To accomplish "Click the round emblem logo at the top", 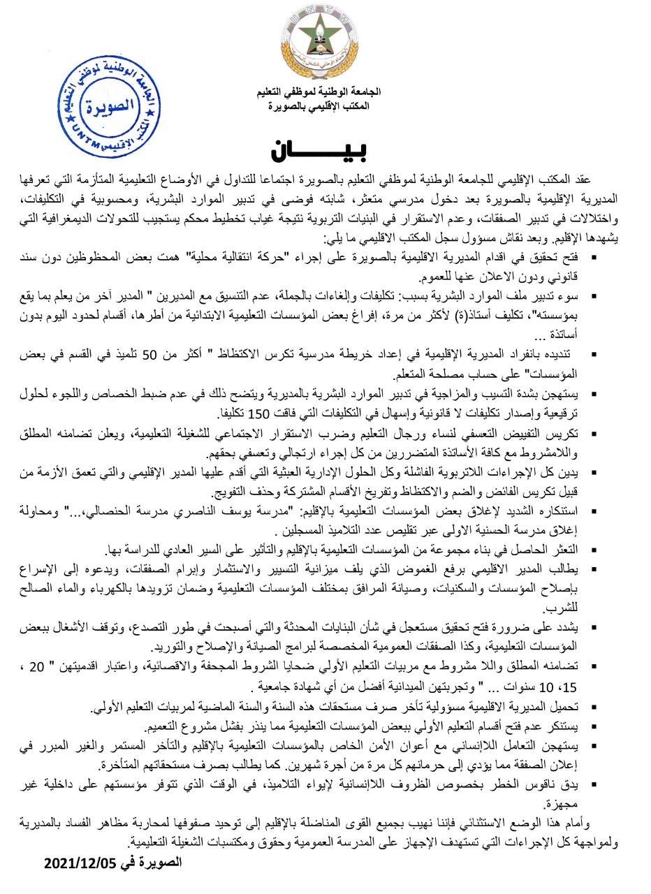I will click(x=325, y=45).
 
